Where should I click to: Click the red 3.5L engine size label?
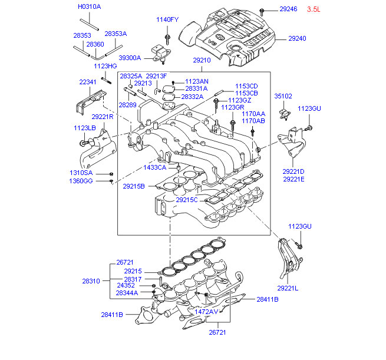[314, 9]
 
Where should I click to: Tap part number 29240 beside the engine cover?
[297, 38]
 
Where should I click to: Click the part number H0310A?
[90, 6]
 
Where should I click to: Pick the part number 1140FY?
[167, 19]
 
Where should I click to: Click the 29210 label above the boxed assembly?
[202, 60]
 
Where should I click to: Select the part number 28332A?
[192, 97]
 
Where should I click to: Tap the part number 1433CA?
[155, 167]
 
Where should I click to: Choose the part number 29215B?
[134, 186]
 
